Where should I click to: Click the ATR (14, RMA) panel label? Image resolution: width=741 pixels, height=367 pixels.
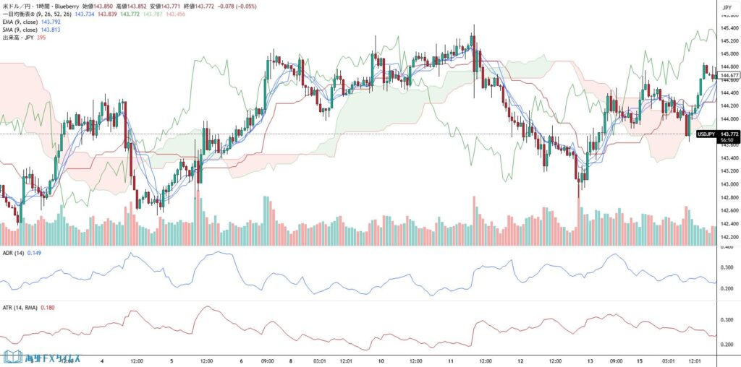[x=20, y=308]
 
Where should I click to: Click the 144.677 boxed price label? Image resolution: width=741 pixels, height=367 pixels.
[x=729, y=75]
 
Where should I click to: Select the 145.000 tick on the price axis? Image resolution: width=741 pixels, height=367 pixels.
[x=728, y=53]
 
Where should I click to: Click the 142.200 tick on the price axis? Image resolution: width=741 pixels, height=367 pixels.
[x=728, y=237]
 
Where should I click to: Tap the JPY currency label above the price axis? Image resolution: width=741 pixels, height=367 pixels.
[x=726, y=9]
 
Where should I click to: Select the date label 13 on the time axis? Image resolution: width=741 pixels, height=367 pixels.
[x=590, y=360]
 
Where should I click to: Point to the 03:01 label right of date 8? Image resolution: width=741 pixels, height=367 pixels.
[x=320, y=360]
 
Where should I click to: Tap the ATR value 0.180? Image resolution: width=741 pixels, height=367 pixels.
[x=48, y=308]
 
